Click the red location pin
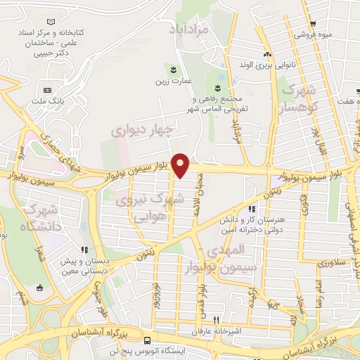[181, 165]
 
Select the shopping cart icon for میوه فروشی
[312, 23]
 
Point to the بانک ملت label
[51, 101]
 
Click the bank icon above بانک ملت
[47, 90]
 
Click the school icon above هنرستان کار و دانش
[252, 209]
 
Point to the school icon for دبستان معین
[84, 249]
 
